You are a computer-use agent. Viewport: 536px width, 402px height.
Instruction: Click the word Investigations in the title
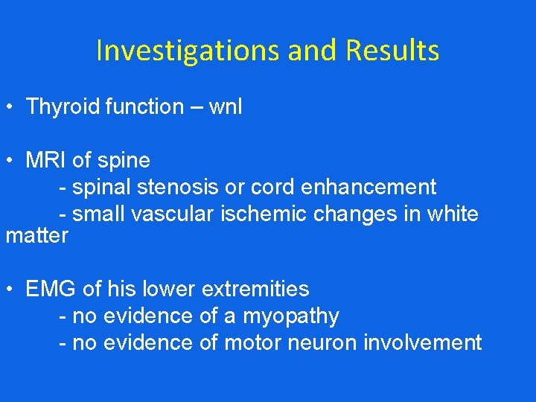[187, 51]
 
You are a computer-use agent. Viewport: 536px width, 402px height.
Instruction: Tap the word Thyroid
[63, 107]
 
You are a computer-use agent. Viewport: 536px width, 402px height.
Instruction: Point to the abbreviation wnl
[226, 107]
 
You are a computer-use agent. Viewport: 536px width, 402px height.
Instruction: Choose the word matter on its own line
[36, 236]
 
